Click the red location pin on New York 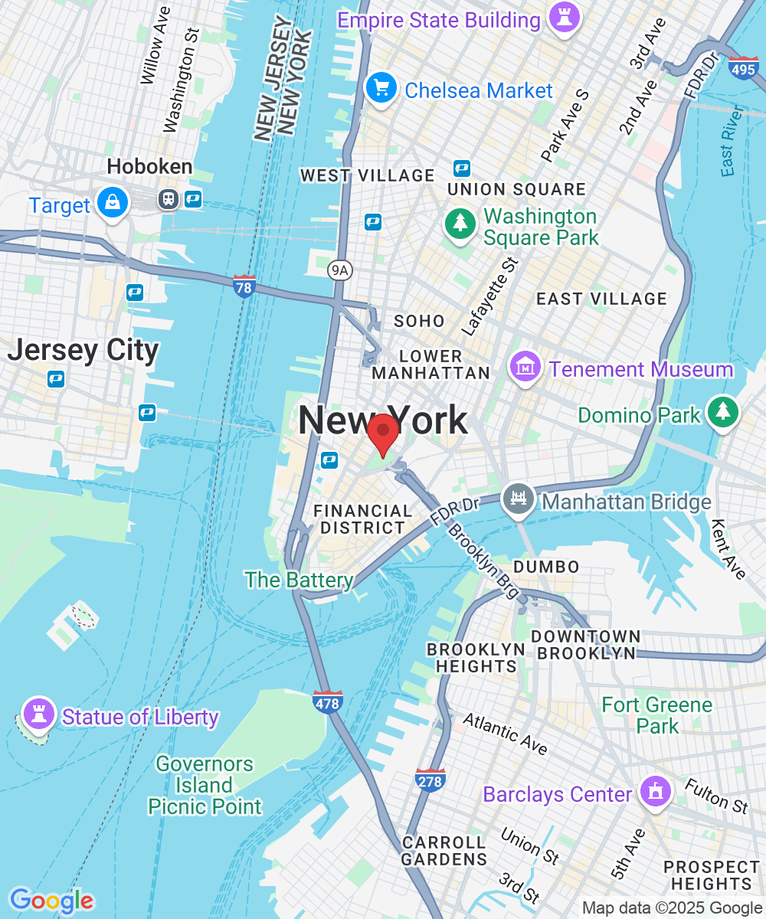coord(381,433)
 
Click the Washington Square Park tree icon coord(460,224)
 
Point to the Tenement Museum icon coord(525,368)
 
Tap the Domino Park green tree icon coord(722,412)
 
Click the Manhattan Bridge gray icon coord(519,500)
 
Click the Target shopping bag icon coord(113,203)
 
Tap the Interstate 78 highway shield coord(244,286)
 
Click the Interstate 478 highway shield coord(327,702)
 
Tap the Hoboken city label coord(149,166)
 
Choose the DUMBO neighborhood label coord(546,567)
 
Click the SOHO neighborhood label coord(419,321)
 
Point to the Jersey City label coord(83,350)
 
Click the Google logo coord(52,901)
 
